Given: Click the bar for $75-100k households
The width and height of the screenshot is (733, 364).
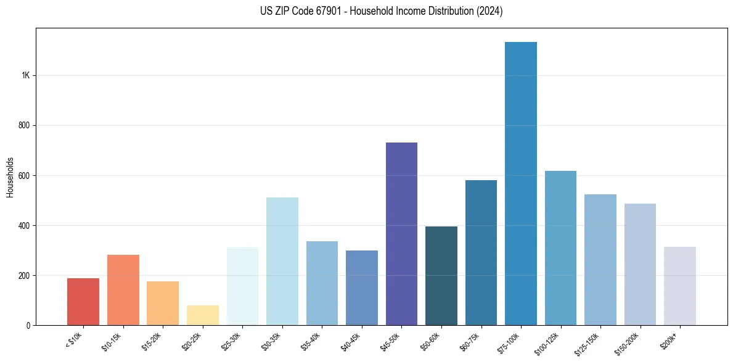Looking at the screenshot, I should click(x=520, y=185).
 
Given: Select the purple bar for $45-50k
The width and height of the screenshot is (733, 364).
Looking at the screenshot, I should click(x=401, y=234).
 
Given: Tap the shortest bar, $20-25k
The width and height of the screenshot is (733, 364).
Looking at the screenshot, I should click(x=203, y=315).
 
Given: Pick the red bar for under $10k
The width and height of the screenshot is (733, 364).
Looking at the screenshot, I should click(x=83, y=302).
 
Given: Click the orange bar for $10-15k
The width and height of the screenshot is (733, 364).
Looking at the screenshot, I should click(x=123, y=290).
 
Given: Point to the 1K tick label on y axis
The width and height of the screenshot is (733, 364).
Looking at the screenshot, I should click(x=25, y=75).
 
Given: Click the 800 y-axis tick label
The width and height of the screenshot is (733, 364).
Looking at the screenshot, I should click(x=24, y=125).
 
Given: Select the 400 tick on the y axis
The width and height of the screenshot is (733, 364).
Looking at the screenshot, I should click(x=24, y=225).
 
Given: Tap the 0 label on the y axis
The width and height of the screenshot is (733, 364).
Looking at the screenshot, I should click(x=28, y=325).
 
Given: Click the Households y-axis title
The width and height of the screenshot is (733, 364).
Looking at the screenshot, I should click(x=10, y=176).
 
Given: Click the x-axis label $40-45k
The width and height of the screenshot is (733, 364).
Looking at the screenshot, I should click(x=350, y=341).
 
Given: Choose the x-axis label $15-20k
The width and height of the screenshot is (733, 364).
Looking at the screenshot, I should click(x=151, y=341).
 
